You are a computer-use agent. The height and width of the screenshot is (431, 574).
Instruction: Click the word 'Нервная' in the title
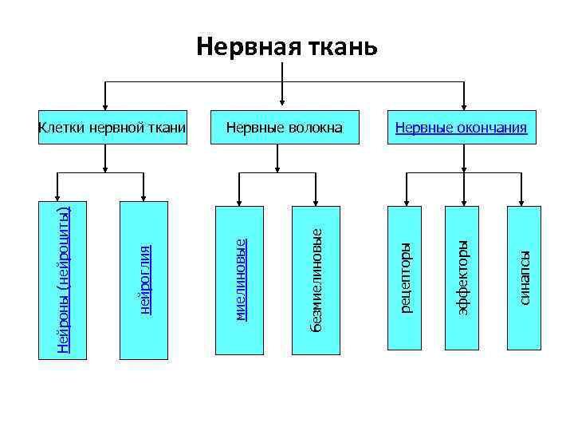click(246, 46)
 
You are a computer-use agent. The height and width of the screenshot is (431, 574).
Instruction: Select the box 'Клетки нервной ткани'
click(112, 127)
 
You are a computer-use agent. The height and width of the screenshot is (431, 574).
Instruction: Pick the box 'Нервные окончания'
click(462, 127)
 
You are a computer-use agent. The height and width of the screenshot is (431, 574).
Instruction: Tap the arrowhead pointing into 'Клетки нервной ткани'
click(106, 101)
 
